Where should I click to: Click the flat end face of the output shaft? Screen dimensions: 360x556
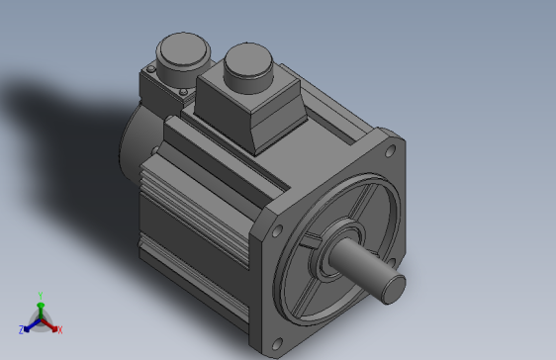[394, 289]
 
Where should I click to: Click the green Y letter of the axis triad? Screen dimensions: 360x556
[40, 295]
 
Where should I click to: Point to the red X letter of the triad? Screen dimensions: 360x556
[59, 328]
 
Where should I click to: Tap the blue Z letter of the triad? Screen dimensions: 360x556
[21, 328]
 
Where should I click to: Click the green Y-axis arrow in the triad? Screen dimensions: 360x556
[40, 308]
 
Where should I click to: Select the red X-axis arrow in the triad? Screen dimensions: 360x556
[50, 323]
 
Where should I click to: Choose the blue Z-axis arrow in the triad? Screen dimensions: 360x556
[30, 324]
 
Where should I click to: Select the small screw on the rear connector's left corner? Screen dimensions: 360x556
[149, 70]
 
